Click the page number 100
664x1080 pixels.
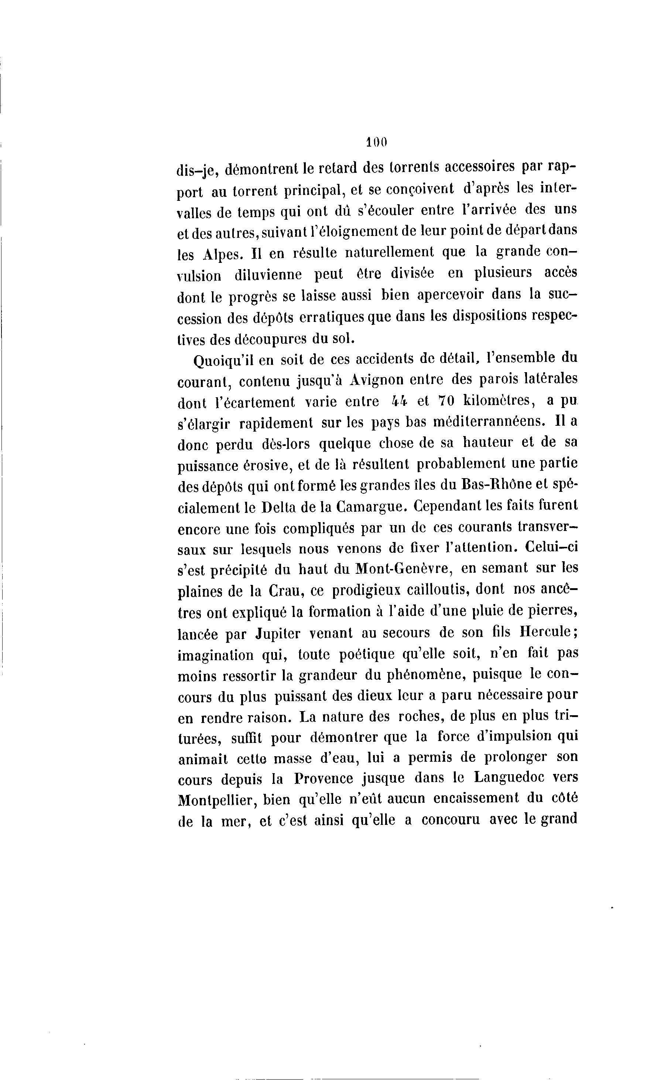[377, 142]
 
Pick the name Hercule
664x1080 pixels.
[545, 632]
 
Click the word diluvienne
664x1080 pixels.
[268, 276]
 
